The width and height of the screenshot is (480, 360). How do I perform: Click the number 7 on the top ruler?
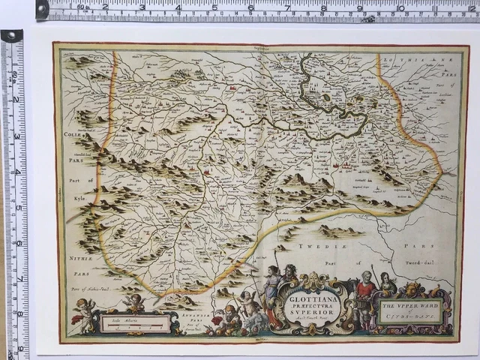[286, 7]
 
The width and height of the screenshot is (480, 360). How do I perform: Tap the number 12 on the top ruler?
[469, 7]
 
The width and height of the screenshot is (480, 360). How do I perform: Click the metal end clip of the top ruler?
[42, 9]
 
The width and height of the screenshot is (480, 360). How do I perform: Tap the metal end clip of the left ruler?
[12, 35]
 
